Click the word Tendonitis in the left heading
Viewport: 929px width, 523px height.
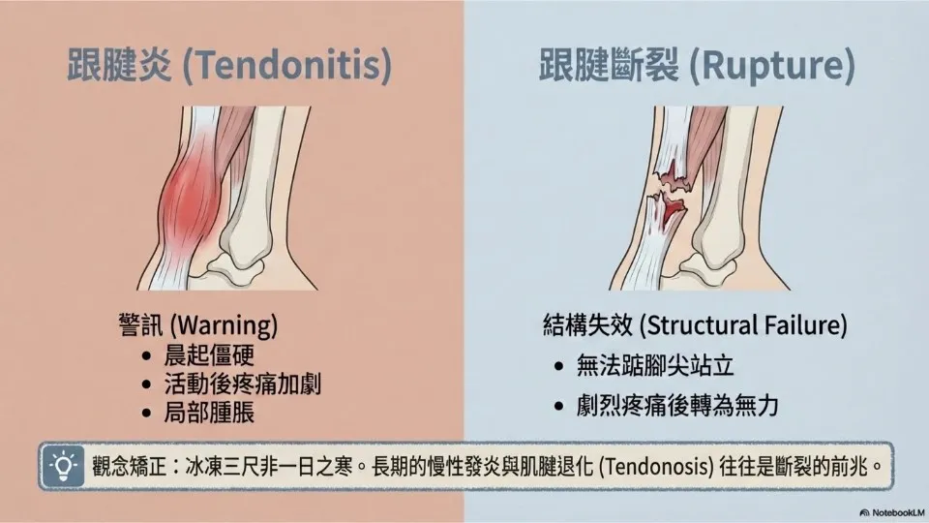[x=286, y=64]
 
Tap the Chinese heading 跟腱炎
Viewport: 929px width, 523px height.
[x=119, y=64]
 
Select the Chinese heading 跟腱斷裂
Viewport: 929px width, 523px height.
[x=609, y=64]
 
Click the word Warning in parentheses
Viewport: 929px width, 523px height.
[x=227, y=325]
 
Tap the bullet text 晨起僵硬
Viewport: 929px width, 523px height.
[x=209, y=355]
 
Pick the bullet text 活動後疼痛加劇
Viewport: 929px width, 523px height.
[x=243, y=384]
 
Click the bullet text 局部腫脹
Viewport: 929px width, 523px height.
[x=209, y=413]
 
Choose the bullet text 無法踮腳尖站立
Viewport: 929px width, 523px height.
[x=655, y=366]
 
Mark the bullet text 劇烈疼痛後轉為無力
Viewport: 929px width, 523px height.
[x=677, y=406]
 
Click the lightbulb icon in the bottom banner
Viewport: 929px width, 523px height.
[x=63, y=466]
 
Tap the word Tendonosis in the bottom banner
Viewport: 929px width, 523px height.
[x=656, y=467]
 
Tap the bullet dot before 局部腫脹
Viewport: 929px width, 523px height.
[x=146, y=414]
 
